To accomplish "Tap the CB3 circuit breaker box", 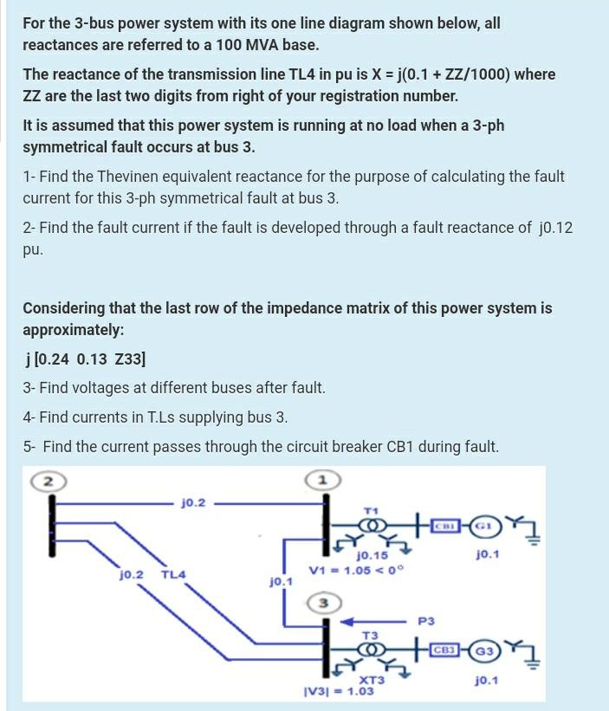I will click(445, 650).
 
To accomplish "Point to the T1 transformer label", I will click(372, 511).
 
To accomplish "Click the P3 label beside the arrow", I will click(426, 621).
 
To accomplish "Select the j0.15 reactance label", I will click(373, 556).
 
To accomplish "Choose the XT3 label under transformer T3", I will click(373, 681).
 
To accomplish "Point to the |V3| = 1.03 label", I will click(338, 691).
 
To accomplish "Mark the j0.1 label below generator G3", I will click(487, 682).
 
